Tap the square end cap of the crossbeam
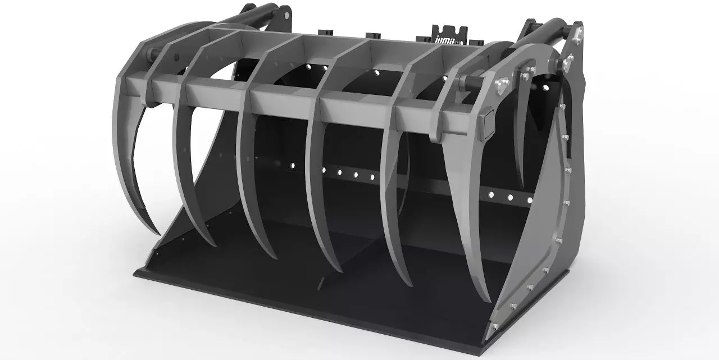point(487,120)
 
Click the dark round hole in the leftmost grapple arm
point(175,56)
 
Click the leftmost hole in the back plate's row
point(292,165)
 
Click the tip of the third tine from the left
point(275,257)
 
